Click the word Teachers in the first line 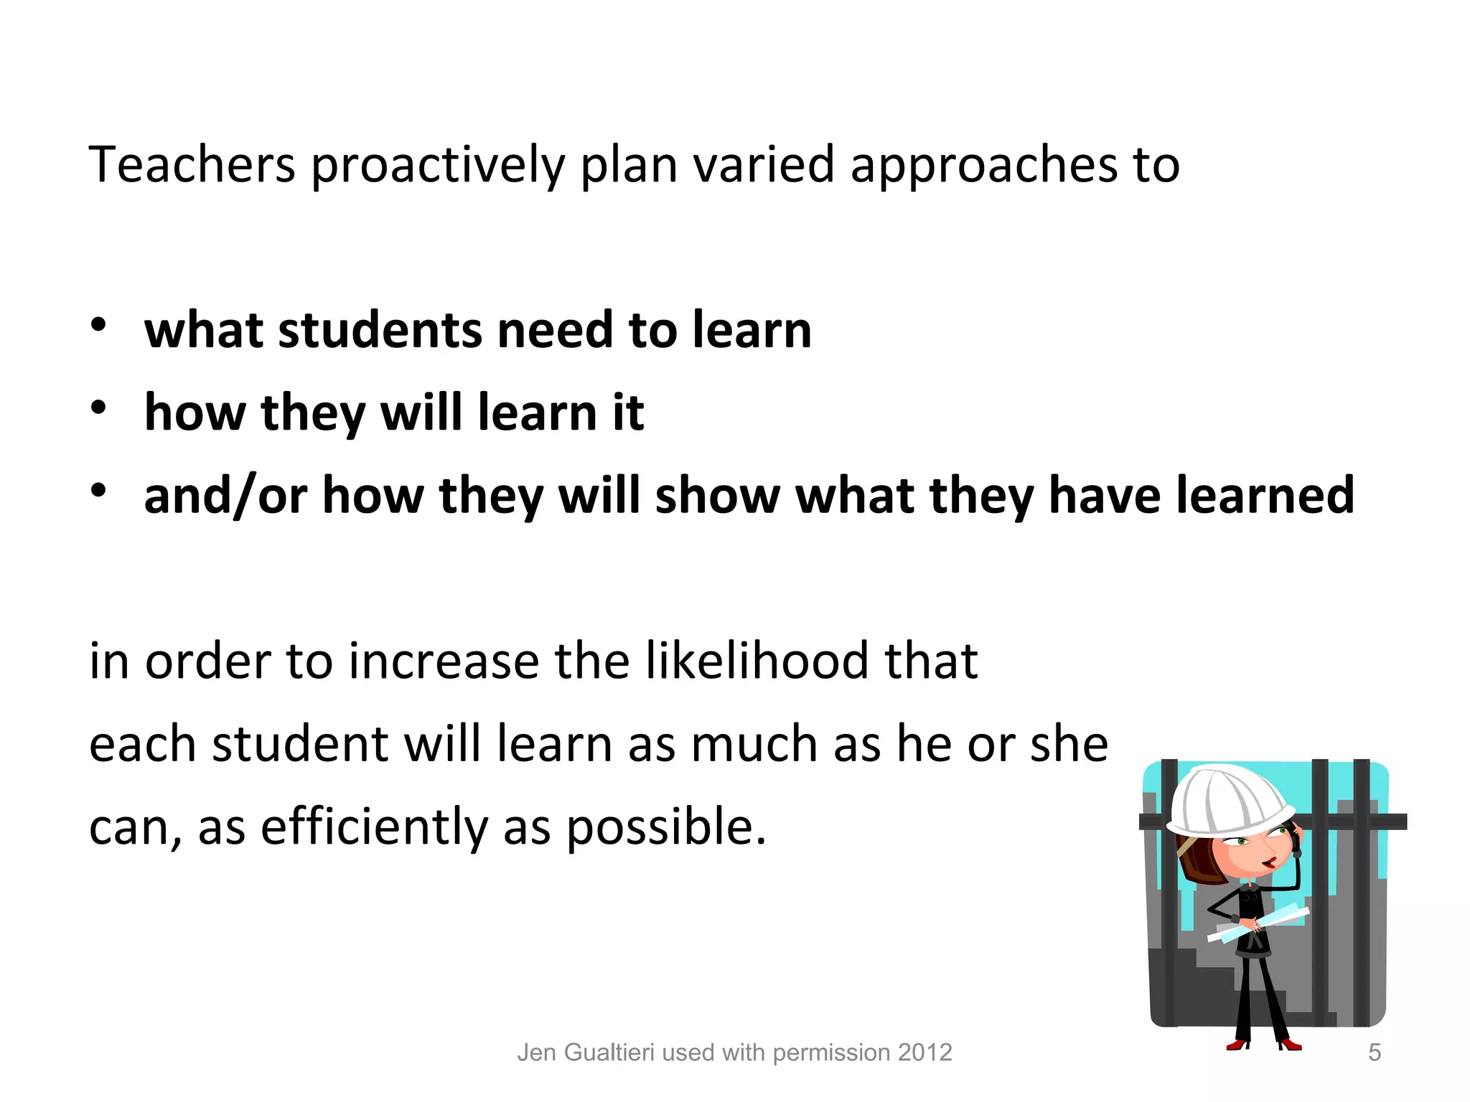click(x=192, y=164)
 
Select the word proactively click(x=438, y=166)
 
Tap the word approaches click(x=983, y=166)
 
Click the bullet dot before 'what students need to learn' click(x=98, y=325)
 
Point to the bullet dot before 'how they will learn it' click(x=98, y=408)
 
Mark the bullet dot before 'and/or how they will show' click(x=98, y=491)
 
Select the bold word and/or click(x=225, y=496)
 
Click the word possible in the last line click(x=666, y=827)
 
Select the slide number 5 click(x=1374, y=1052)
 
